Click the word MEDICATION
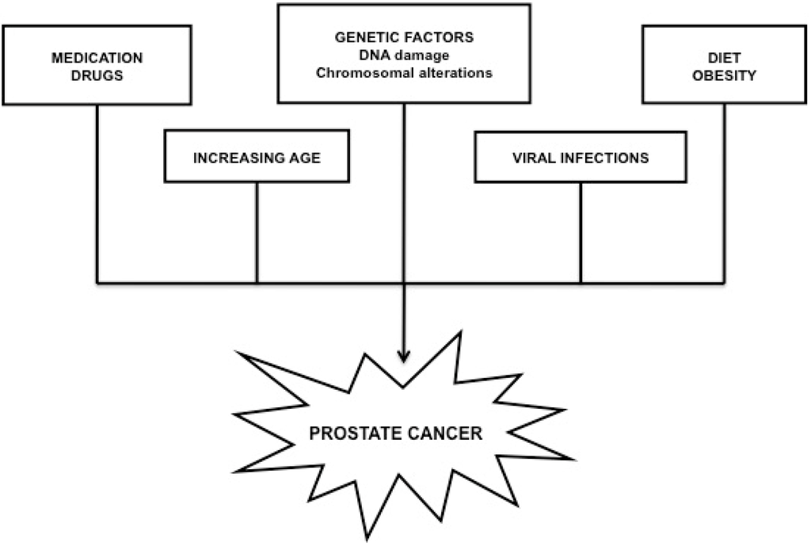tap(97, 59)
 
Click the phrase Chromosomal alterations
tap(404, 73)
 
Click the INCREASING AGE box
tap(257, 157)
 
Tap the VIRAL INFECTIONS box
tap(581, 157)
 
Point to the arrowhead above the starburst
tap(405, 356)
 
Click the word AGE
tap(305, 158)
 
